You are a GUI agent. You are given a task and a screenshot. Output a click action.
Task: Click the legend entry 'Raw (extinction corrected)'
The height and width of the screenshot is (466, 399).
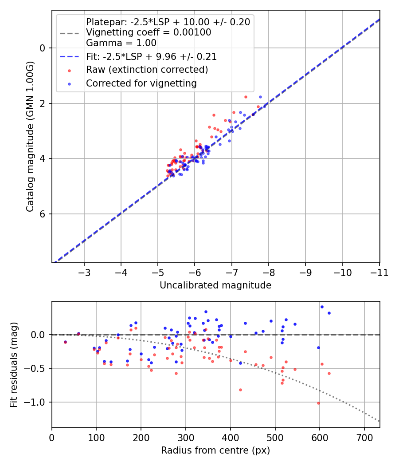pyautogui.click(x=147, y=70)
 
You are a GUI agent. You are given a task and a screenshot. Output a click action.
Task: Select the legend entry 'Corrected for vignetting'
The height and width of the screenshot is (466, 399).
pyautogui.click(x=141, y=83)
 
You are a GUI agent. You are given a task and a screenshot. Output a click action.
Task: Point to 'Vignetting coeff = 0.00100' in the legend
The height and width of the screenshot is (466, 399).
pyautogui.click(x=149, y=32)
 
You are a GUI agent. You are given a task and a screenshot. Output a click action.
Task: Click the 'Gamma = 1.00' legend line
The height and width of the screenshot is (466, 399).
pyautogui.click(x=121, y=43)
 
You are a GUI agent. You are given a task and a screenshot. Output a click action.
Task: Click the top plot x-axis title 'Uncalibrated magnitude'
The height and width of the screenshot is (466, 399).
pyautogui.click(x=215, y=285)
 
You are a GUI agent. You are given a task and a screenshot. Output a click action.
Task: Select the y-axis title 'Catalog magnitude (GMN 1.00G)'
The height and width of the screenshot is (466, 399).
pyautogui.click(x=30, y=137)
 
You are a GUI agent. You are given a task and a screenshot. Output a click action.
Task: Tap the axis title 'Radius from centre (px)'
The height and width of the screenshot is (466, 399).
pyautogui.click(x=215, y=450)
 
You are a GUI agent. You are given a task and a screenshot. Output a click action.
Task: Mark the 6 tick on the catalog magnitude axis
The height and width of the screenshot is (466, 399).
pyautogui.click(x=43, y=214)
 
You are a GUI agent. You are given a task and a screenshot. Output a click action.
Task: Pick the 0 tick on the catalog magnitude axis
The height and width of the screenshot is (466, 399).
pyautogui.click(x=43, y=48)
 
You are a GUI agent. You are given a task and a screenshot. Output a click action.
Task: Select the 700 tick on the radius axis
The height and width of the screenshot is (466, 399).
pyautogui.click(x=364, y=437)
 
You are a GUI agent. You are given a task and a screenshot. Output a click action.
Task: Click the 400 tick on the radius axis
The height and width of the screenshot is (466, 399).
pyautogui.click(x=230, y=437)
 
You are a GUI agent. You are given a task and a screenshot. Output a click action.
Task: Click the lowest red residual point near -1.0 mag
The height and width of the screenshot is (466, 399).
pyautogui.click(x=318, y=403)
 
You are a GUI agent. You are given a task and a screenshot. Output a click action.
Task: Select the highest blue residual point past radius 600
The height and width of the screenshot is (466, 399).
pyautogui.click(x=322, y=307)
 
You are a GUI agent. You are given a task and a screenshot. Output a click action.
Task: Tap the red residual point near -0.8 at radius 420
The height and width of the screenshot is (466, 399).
pyautogui.click(x=240, y=390)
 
